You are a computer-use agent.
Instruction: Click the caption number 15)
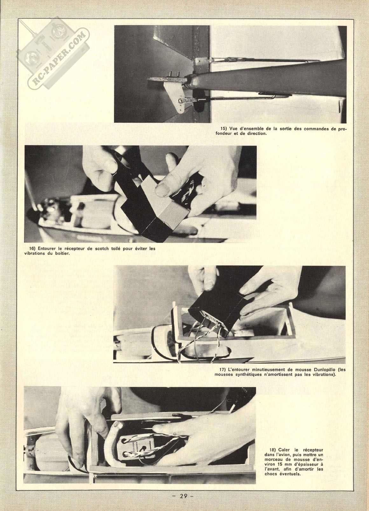tap(221, 129)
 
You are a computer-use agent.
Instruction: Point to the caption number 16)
tap(33, 248)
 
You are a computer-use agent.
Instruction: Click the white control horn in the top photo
tap(174, 98)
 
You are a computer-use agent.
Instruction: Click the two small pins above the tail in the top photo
tap(174, 74)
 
